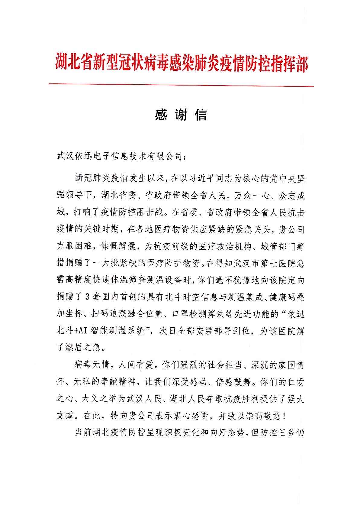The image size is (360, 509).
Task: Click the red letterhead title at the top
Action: [181, 62]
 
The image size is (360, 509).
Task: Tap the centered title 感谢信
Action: [181, 115]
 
